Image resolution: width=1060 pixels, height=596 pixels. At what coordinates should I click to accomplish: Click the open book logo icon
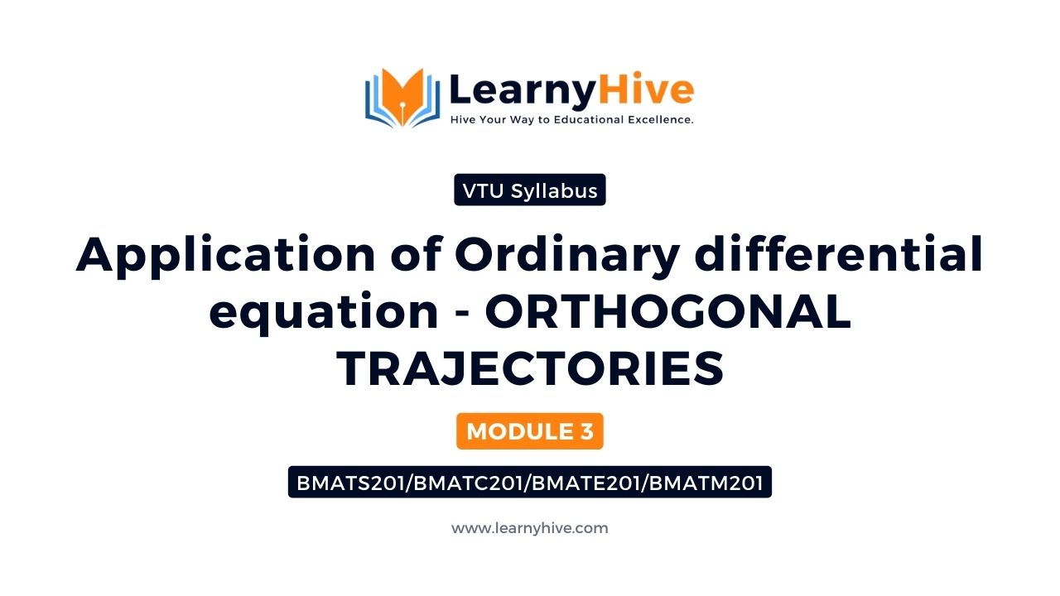click(402, 98)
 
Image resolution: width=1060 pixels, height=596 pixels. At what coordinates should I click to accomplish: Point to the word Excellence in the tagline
click(661, 120)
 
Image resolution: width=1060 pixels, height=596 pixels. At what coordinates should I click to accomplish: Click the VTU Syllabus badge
click(529, 190)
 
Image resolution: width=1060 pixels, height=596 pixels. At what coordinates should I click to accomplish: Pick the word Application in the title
click(225, 256)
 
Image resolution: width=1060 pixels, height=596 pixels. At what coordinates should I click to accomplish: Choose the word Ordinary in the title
click(567, 256)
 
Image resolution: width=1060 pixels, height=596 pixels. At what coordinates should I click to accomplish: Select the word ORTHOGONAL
click(668, 311)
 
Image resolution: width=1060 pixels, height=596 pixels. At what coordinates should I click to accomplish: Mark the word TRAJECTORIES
click(530, 368)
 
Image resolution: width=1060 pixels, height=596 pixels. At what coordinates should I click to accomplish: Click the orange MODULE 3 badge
click(529, 431)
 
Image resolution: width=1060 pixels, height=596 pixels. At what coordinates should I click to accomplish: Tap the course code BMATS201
click(350, 483)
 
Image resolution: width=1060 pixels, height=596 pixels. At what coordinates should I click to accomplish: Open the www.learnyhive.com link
click(529, 528)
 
